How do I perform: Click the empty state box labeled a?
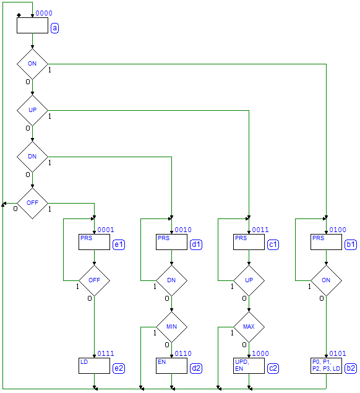(x=32, y=25)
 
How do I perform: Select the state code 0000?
(x=44, y=13)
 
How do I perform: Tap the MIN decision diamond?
(x=171, y=327)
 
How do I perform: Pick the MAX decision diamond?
(x=249, y=327)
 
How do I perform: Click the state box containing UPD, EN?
(x=249, y=366)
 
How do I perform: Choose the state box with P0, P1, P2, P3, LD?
(x=326, y=366)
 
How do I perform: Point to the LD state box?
(x=94, y=366)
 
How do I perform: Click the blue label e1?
(x=119, y=244)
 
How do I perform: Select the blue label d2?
(x=196, y=368)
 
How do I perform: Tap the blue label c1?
(x=273, y=244)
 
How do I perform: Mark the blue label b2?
(x=351, y=368)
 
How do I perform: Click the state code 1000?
(x=260, y=353)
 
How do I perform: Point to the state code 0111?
(x=106, y=353)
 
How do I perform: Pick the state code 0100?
(x=338, y=230)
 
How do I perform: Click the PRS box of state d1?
(x=171, y=242)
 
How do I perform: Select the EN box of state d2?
(x=171, y=366)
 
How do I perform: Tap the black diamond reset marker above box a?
(x=19, y=15)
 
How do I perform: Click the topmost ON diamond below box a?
(x=32, y=64)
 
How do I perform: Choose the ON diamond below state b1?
(x=326, y=280)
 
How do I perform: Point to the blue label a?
(x=54, y=28)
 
